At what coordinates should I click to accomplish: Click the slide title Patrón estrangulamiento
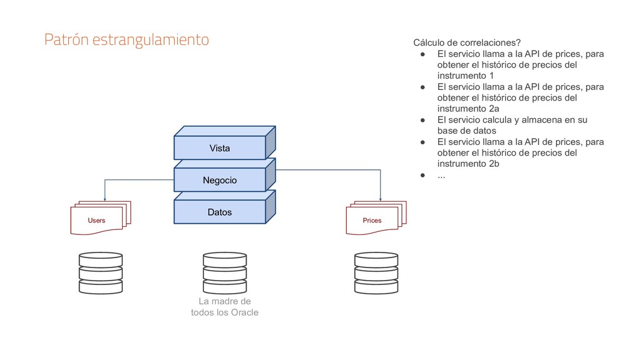pos(126,40)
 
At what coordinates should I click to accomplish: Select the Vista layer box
pos(220,148)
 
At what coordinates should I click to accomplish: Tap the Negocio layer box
pos(220,180)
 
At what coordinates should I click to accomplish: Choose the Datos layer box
pos(220,212)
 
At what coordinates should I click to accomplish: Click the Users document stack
pos(99,218)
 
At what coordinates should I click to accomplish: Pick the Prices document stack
pos(374,218)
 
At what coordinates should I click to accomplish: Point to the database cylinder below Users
pos(101,273)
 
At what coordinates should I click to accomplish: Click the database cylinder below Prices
pos(376,273)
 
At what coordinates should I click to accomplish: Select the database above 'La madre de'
pos(224,273)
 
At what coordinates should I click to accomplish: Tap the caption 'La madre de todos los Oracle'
pos(224,307)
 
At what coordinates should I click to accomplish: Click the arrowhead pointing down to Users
pos(104,197)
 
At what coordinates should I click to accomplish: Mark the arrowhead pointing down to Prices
pos(381,197)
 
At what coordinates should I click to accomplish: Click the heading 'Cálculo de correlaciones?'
pos(466,42)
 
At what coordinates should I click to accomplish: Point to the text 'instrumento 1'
pos(465,76)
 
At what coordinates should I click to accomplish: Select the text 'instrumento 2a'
pos(468,108)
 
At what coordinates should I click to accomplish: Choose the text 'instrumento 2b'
pos(468,163)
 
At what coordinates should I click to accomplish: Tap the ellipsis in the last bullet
pos(441,174)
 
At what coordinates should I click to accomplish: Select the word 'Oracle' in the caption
pos(245,312)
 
